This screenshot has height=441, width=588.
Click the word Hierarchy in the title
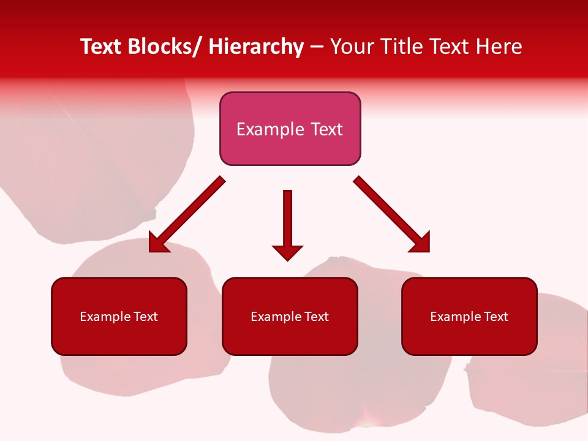tap(256, 47)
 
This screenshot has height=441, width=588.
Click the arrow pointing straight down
tap(287, 221)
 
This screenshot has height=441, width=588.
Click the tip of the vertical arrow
tap(287, 260)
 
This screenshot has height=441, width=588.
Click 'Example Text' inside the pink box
tap(290, 129)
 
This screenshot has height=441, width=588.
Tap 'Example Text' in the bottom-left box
tap(119, 317)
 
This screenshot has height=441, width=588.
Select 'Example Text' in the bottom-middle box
tap(290, 317)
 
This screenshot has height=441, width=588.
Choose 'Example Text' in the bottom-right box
tap(469, 317)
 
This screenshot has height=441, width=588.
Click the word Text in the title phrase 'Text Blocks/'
tap(101, 47)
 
